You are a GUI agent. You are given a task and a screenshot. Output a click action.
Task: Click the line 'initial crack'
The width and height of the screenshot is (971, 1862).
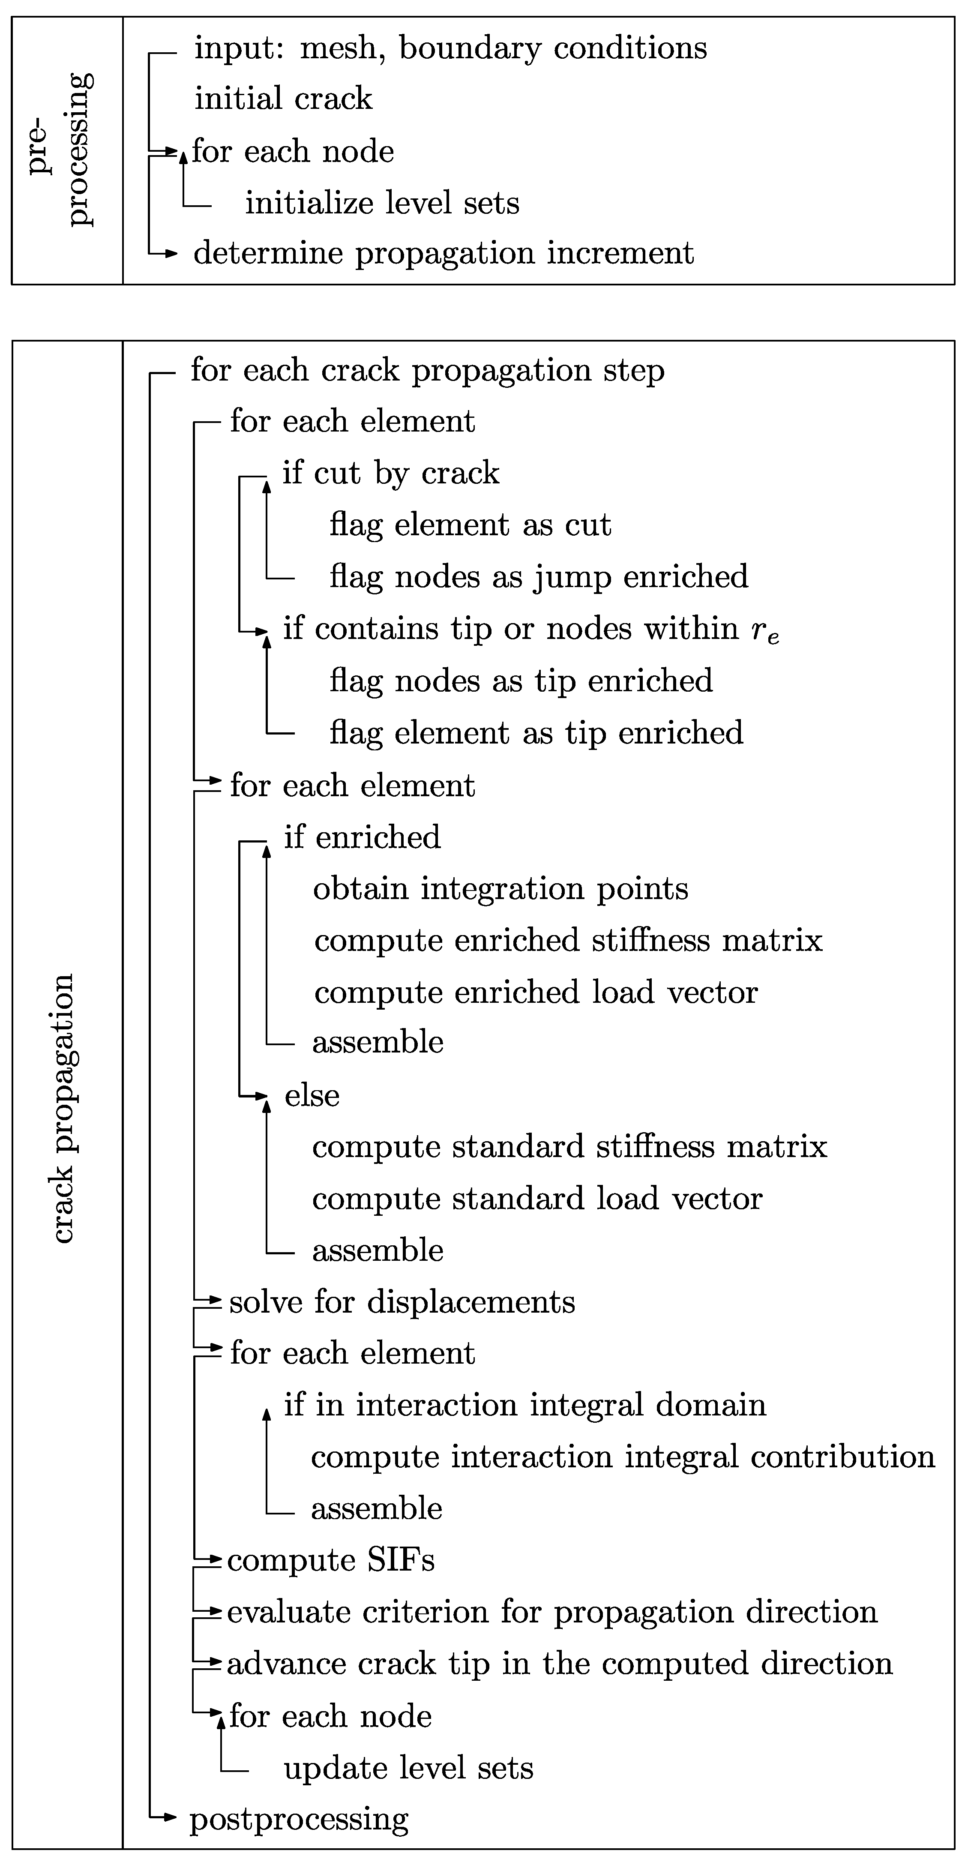pos(283,98)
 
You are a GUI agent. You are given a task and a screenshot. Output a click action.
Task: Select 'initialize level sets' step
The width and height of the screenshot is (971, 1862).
pos(382,203)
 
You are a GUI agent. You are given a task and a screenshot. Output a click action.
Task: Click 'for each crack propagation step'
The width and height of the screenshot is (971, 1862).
pos(426,371)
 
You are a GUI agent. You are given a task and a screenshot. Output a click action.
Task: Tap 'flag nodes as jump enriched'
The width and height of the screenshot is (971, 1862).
pos(539,577)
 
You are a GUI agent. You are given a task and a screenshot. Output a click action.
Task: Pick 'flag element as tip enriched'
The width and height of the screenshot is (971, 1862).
pos(536,733)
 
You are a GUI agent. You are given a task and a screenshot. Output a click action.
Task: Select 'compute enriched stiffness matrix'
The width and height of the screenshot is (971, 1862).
pos(568,940)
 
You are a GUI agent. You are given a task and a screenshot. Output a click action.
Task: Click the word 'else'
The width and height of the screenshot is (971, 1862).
pos(312,1096)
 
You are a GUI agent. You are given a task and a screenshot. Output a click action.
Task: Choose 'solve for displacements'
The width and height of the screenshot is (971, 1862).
pos(402,1302)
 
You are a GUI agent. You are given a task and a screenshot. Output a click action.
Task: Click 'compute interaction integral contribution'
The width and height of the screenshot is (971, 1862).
pos(623,1457)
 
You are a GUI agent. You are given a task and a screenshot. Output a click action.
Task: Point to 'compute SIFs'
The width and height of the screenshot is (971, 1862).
pos(330,1561)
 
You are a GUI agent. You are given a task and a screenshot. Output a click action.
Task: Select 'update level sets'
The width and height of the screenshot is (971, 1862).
pos(408,1768)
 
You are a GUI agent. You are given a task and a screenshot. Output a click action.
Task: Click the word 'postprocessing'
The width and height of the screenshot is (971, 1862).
pos(299,1819)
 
